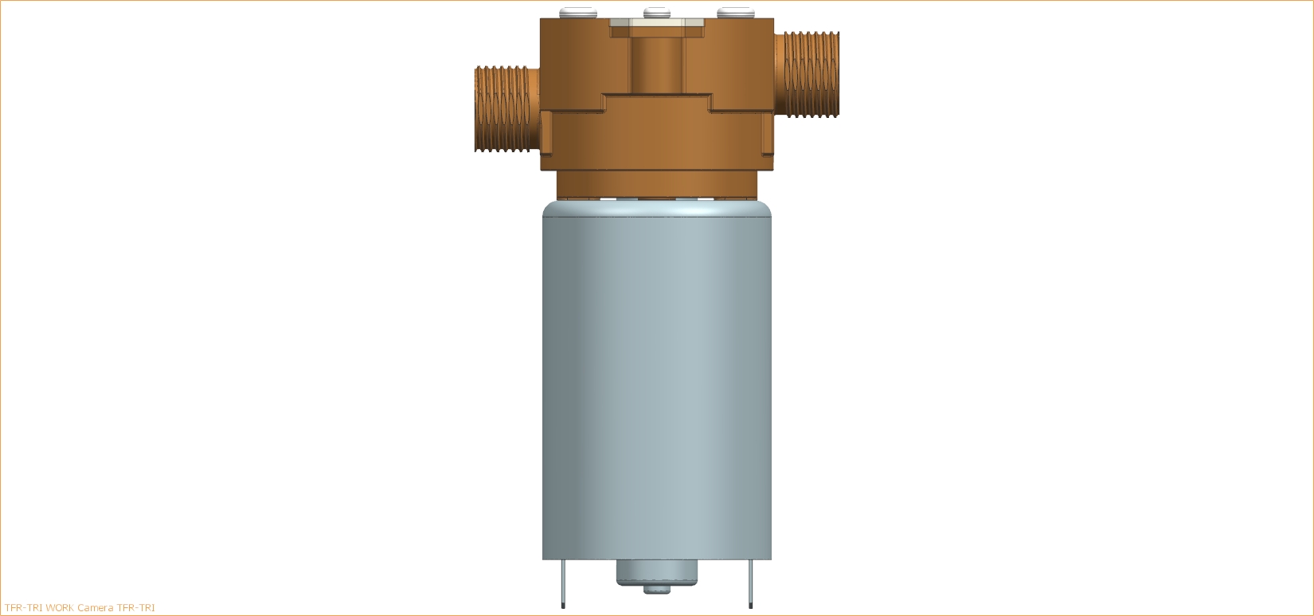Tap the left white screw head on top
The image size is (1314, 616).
(578, 13)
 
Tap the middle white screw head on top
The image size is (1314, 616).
(657, 13)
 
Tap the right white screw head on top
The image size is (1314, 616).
(736, 13)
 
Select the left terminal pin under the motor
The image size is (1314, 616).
(563, 583)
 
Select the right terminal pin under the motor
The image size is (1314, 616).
(750, 583)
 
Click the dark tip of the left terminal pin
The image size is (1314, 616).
(563, 606)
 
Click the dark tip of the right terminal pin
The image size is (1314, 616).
(750, 606)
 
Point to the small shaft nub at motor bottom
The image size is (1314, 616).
(657, 590)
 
